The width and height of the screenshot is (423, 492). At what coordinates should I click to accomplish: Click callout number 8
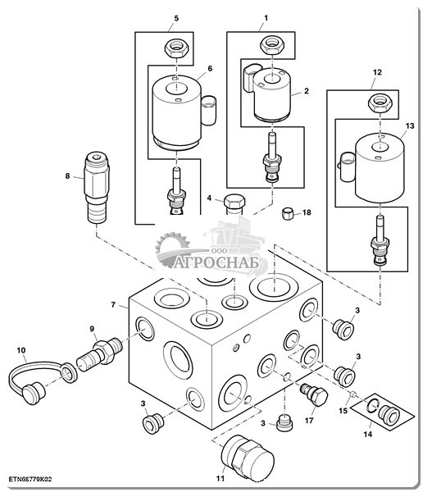[x=67, y=176]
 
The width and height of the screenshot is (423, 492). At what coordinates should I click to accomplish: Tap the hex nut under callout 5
[x=177, y=48]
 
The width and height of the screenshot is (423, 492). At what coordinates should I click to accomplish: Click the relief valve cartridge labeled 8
[x=97, y=187]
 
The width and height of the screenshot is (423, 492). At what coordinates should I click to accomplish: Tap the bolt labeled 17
[x=314, y=395]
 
